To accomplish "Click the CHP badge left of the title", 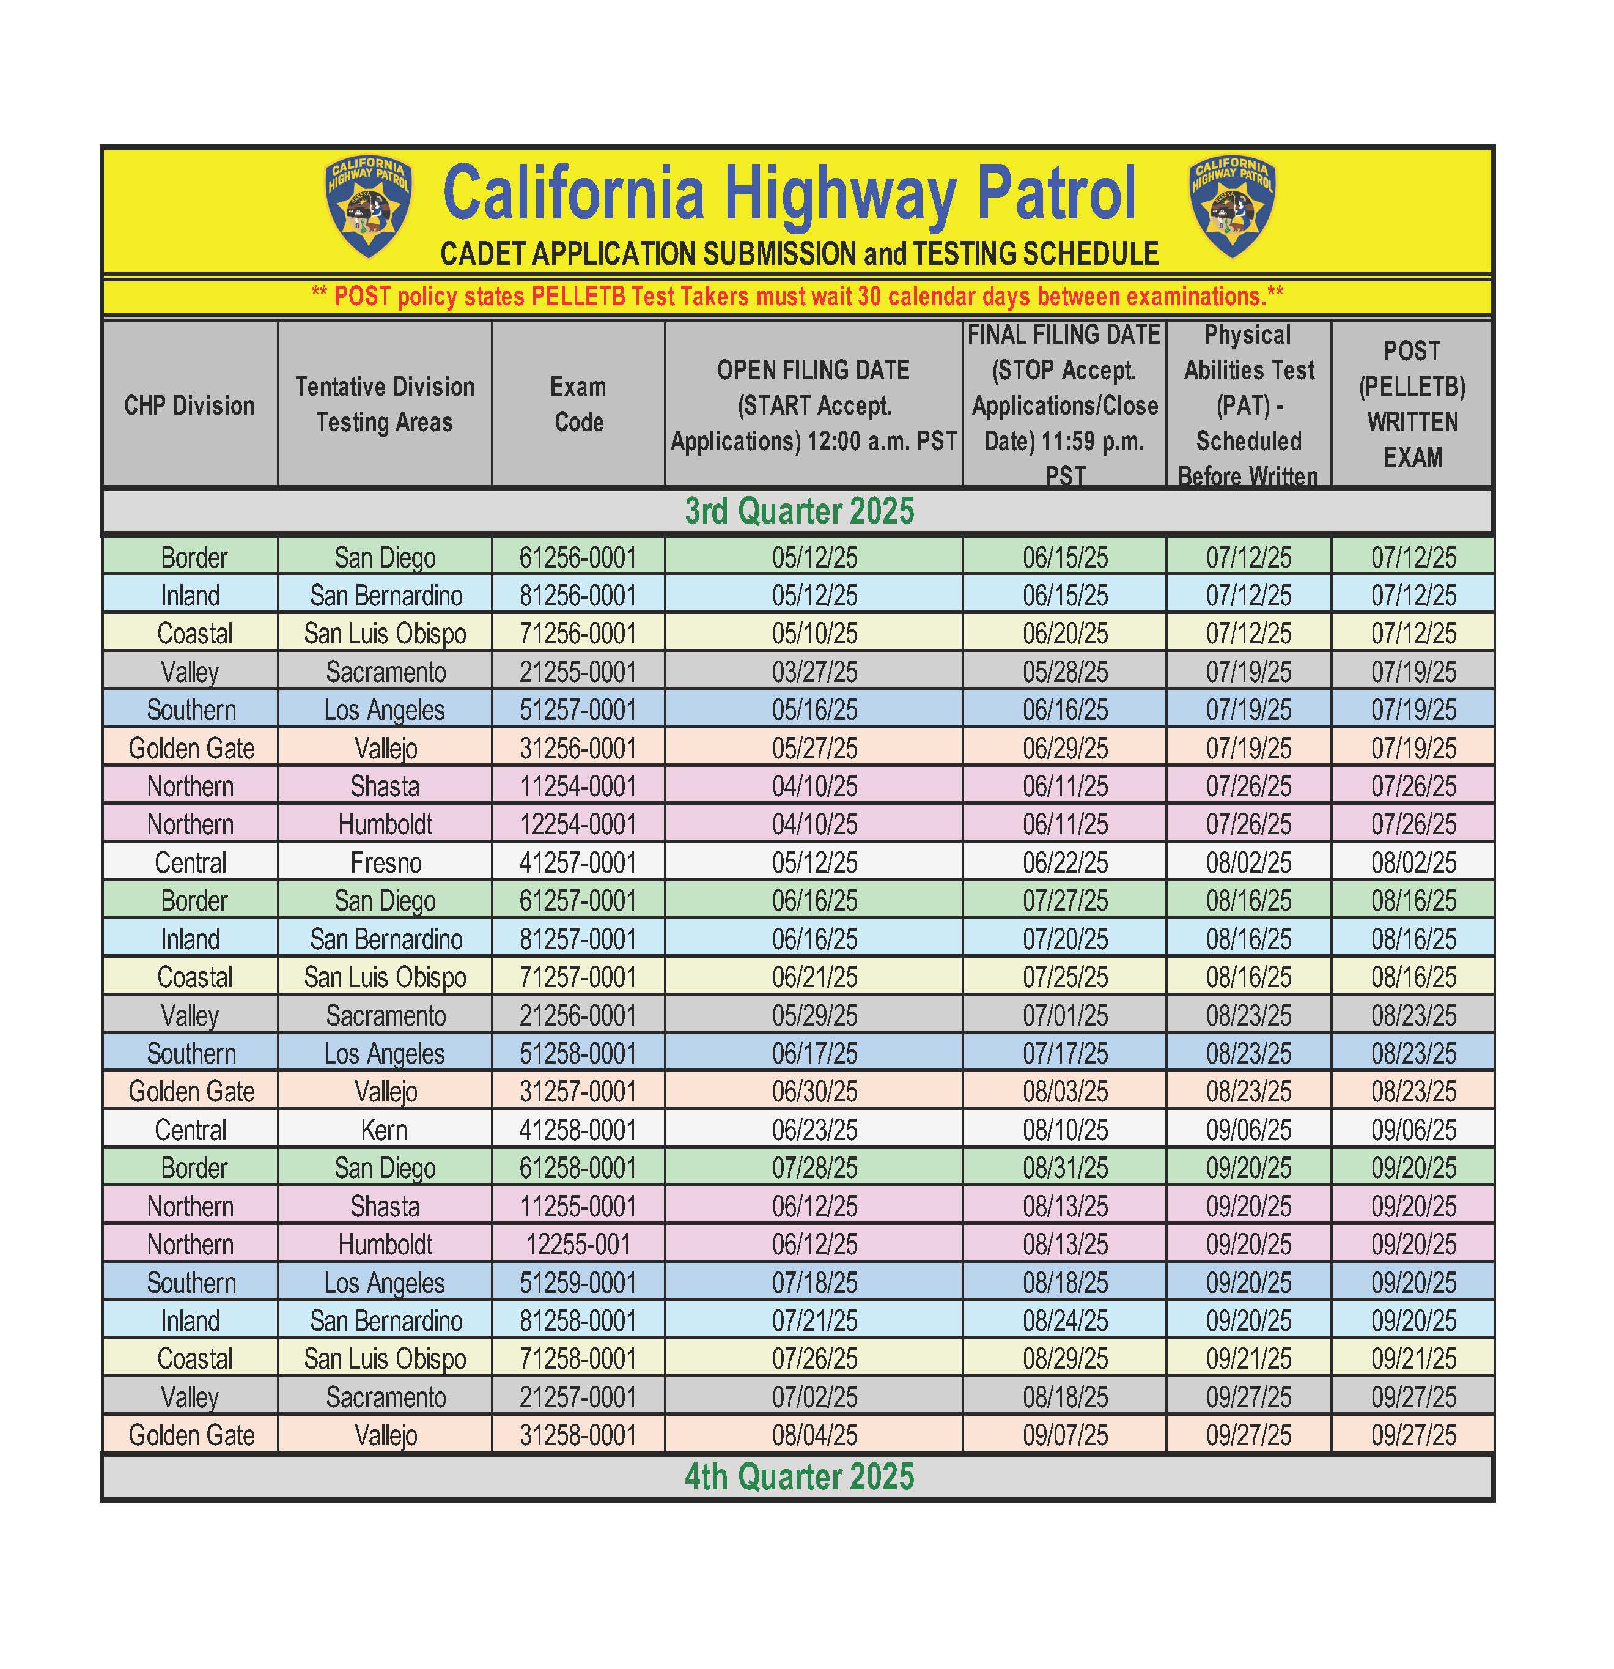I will tap(369, 207).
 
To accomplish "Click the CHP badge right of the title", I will tap(1232, 207).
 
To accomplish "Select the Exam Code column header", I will tap(579, 404).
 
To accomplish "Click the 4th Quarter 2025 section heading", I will tap(799, 1476).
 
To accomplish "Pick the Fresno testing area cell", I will tap(386, 862).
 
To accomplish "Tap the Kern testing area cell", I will tap(384, 1130).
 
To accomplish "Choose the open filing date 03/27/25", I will tap(815, 672).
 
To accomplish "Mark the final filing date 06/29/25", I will tap(1065, 749).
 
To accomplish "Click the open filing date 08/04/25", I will tap(815, 1435).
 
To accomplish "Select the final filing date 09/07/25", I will tap(1065, 1435).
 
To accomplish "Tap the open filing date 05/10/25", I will tap(815, 634).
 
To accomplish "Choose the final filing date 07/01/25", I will tap(1065, 1015).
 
